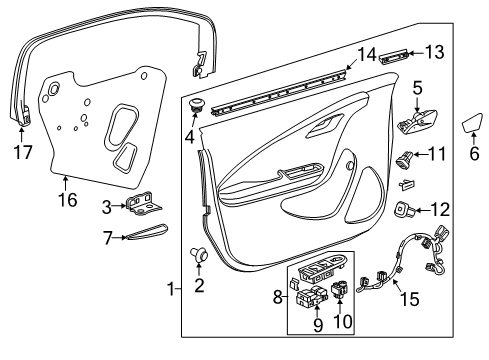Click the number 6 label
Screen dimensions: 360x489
pos(475,154)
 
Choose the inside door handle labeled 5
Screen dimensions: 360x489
pos(418,125)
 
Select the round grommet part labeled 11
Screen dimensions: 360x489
pos(404,156)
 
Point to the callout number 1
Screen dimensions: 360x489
pos(171,290)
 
